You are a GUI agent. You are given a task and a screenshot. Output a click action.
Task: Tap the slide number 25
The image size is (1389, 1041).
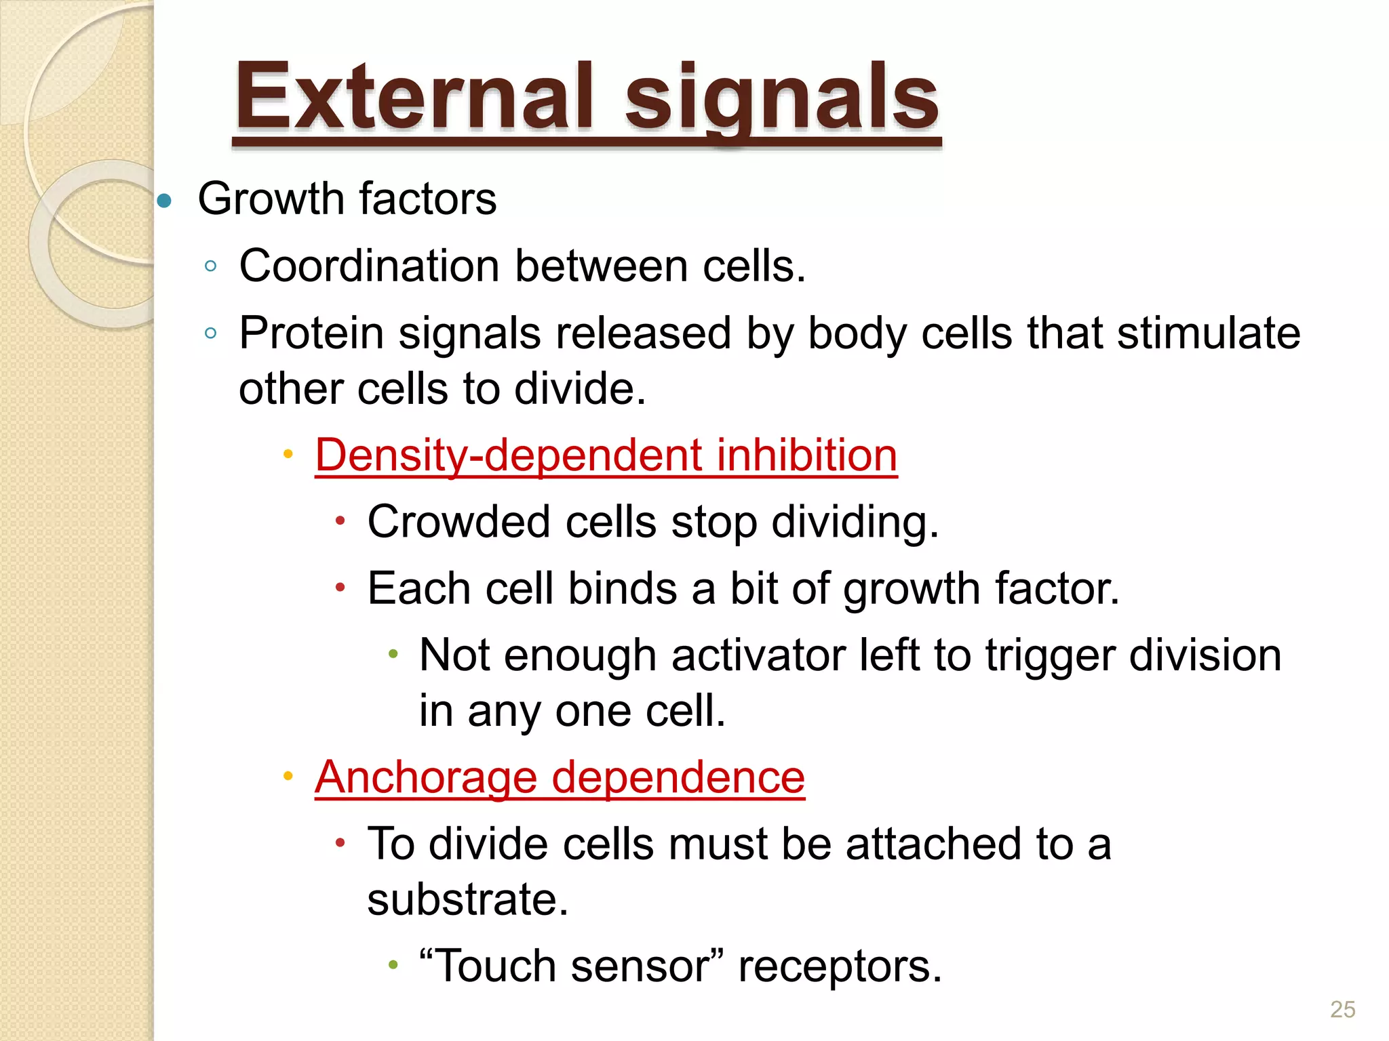coord(1342,1009)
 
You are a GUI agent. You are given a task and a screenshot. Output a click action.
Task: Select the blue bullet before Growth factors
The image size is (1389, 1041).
coord(164,201)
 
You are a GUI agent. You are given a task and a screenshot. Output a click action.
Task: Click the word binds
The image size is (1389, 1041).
coord(622,588)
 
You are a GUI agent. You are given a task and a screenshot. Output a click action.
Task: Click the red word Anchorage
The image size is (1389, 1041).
coord(426,777)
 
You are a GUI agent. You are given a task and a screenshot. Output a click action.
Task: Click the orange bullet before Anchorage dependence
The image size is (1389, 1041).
coord(288,775)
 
